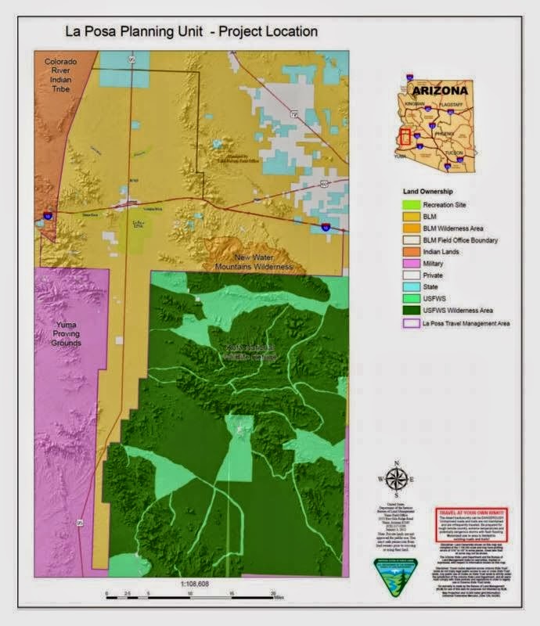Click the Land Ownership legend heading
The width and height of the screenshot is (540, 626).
pyautogui.click(x=432, y=190)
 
